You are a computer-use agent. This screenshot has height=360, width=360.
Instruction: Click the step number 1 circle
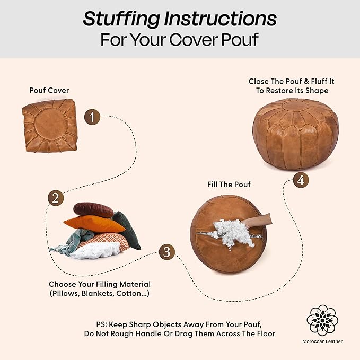[x=92, y=117]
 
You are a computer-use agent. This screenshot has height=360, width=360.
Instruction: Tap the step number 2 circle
[x=56, y=198]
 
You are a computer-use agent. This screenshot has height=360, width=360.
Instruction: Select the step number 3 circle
[x=166, y=252]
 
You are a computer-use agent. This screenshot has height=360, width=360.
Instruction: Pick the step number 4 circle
[x=301, y=180]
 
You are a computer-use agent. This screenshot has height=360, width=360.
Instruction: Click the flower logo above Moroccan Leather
[x=322, y=321]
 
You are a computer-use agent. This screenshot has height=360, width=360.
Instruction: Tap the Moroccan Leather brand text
[x=322, y=341]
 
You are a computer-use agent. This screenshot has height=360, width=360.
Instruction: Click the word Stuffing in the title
[x=121, y=19]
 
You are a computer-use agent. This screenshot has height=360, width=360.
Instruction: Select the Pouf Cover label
[x=49, y=90]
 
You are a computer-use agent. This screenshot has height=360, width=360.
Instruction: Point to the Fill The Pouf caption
[x=229, y=185]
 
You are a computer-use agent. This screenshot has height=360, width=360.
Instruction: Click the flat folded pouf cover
[x=50, y=125]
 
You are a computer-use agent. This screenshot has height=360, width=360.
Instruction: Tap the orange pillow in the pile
[x=94, y=224]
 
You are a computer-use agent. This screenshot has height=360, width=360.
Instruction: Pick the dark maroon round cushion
[x=93, y=209]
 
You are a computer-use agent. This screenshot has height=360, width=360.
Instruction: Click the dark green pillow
[x=127, y=230]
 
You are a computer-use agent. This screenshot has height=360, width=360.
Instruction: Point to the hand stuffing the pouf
[x=258, y=221]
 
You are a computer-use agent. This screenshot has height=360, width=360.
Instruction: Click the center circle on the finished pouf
[x=295, y=106]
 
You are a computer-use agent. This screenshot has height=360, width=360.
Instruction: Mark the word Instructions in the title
[x=221, y=19]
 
